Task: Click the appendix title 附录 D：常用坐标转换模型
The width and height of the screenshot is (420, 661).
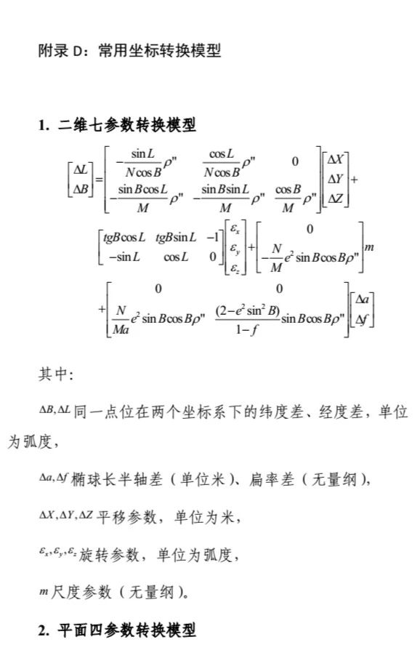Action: click(x=129, y=51)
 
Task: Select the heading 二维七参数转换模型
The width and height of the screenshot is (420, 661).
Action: click(x=127, y=125)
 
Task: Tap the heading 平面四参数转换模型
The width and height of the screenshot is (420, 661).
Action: click(x=127, y=630)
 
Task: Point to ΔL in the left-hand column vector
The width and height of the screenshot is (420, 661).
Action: click(x=81, y=169)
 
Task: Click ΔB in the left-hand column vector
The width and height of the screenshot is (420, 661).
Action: click(x=81, y=189)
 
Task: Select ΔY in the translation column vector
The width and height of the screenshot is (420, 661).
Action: click(x=335, y=179)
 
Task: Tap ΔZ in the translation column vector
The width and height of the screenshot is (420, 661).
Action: click(x=335, y=198)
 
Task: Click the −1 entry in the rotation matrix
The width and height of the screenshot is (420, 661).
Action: click(x=213, y=237)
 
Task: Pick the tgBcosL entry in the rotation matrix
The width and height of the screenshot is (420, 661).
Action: click(x=124, y=238)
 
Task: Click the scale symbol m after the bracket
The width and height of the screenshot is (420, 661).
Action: click(x=369, y=247)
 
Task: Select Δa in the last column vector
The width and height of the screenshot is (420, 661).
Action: click(x=362, y=300)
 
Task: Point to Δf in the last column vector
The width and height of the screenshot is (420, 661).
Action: click(x=362, y=319)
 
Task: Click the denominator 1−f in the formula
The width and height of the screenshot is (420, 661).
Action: click(x=247, y=329)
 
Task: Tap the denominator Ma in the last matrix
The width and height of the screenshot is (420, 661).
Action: click(x=121, y=329)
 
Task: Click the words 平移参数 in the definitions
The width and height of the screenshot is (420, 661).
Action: click(x=127, y=517)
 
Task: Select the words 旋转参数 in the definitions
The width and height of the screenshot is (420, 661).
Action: click(x=109, y=555)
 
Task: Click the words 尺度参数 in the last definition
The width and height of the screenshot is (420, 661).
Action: click(x=81, y=592)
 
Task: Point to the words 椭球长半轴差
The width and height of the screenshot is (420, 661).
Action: click(x=117, y=479)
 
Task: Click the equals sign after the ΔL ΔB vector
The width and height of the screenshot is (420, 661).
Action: click(x=99, y=180)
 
